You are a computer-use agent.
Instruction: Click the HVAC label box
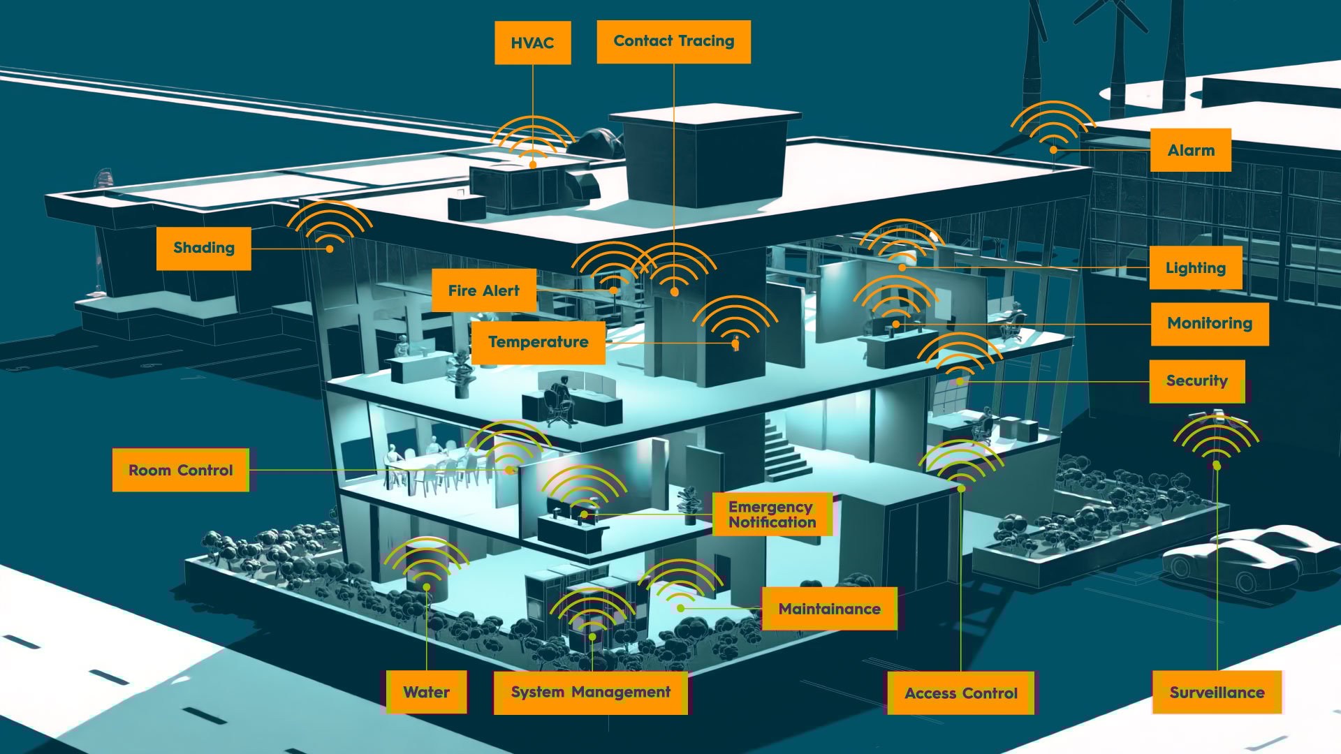(x=532, y=43)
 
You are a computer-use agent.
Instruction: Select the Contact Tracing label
(x=673, y=41)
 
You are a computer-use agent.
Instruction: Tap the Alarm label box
(x=1190, y=150)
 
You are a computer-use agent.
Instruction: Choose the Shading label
(x=203, y=248)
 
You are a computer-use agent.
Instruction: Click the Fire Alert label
(x=483, y=290)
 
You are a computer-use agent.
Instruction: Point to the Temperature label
(x=538, y=342)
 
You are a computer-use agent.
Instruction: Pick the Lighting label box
(x=1195, y=268)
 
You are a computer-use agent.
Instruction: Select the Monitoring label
(x=1209, y=323)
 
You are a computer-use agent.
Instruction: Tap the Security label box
(x=1196, y=381)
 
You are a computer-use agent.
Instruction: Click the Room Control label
(x=180, y=470)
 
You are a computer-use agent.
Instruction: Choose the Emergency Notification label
(x=772, y=515)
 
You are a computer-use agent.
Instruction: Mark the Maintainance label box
(x=829, y=609)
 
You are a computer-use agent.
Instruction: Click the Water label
(x=426, y=692)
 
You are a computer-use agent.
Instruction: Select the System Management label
(x=590, y=692)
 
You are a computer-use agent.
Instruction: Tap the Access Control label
(x=960, y=693)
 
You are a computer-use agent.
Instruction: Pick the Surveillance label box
(x=1217, y=693)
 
